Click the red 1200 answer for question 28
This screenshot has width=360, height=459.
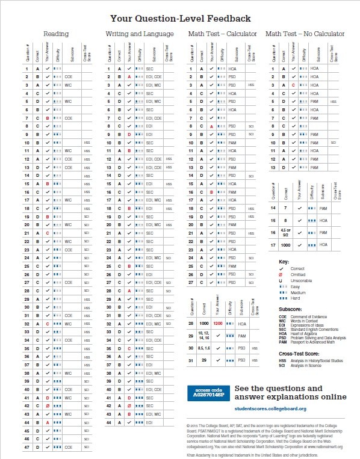[219, 323]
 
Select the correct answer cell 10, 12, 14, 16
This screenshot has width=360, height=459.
[204, 334]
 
